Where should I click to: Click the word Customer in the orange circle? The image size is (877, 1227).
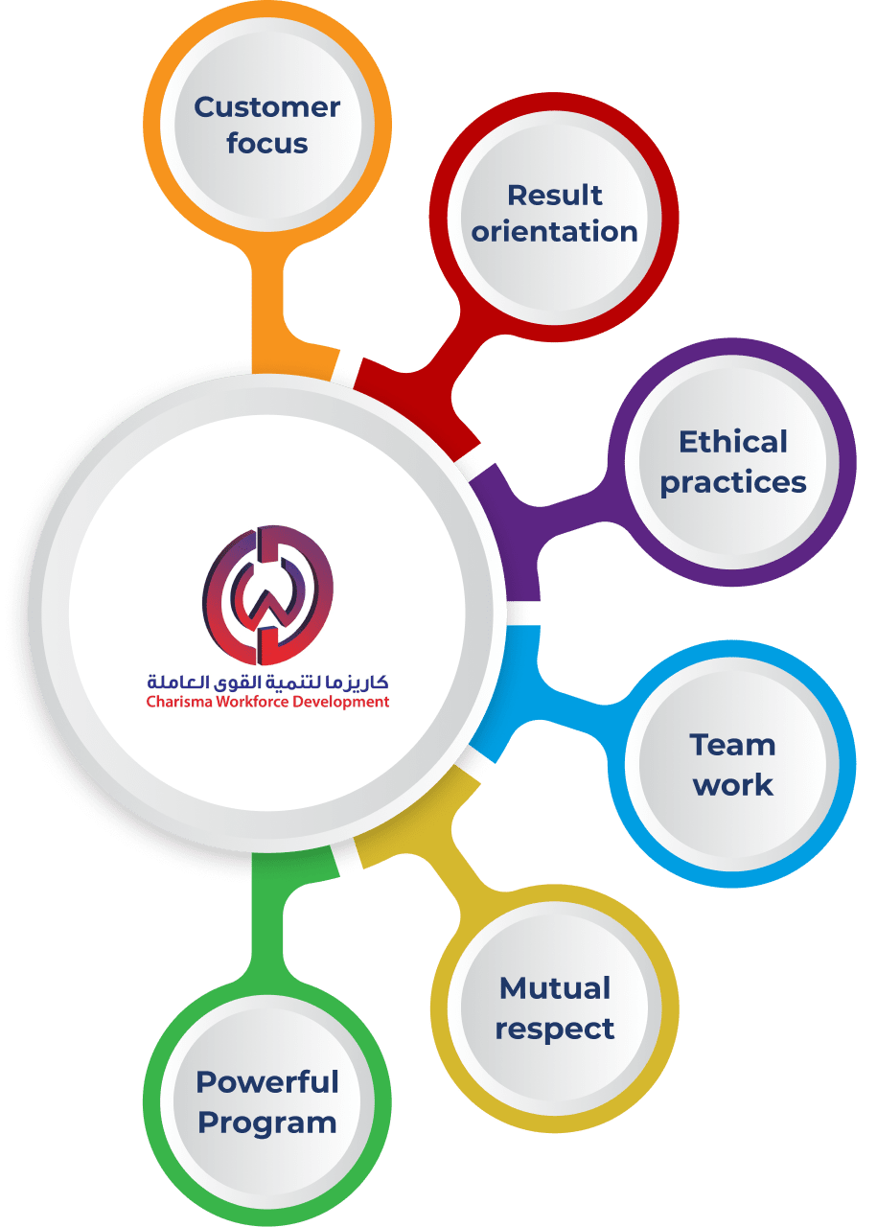click(x=266, y=107)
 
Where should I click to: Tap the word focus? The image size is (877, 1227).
click(x=267, y=143)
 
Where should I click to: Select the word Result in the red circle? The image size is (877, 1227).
click(x=554, y=195)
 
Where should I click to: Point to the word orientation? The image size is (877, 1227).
click(x=554, y=231)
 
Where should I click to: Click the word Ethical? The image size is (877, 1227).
click(x=733, y=442)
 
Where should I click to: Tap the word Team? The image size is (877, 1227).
click(x=732, y=745)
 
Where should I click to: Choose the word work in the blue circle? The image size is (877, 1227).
click(x=733, y=785)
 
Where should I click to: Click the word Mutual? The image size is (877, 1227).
click(x=554, y=988)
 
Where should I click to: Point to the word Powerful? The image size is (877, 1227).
click(x=267, y=1082)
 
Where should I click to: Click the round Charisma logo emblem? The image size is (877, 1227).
click(x=267, y=595)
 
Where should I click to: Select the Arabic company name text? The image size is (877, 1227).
click(x=267, y=681)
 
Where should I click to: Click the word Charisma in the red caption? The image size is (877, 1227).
click(x=179, y=702)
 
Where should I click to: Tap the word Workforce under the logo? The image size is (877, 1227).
click(x=251, y=702)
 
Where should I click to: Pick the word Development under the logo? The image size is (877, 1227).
click(x=339, y=703)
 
